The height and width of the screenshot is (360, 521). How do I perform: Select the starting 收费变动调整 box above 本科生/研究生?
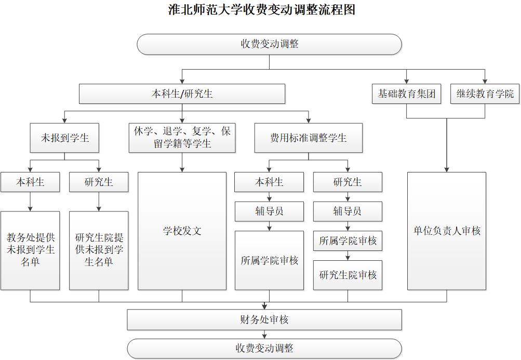click(269, 44)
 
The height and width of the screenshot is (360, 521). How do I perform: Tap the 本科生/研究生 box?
click(182, 94)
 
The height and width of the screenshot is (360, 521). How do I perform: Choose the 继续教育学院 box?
click(485, 94)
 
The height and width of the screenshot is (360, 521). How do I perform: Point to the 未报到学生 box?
click(65, 138)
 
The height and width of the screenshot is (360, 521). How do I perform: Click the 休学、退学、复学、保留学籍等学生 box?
click(182, 138)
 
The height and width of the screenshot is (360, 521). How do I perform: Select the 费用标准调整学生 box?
click(308, 138)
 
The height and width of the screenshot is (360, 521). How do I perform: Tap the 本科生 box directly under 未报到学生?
click(30, 182)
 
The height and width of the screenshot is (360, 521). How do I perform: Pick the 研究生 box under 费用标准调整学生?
click(348, 182)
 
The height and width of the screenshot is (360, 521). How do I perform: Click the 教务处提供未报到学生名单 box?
click(30, 250)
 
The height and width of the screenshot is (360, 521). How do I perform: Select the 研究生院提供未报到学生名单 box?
click(99, 250)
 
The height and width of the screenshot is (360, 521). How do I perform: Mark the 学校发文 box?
click(182, 231)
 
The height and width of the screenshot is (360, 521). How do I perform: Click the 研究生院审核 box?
click(348, 275)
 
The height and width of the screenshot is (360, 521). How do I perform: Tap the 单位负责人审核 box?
click(447, 231)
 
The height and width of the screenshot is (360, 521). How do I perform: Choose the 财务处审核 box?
click(264, 320)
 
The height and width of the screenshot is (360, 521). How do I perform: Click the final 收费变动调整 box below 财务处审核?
click(264, 348)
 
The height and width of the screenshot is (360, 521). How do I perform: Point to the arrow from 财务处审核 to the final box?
click(264, 335)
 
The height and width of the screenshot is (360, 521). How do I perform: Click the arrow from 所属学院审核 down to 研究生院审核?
click(348, 256)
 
